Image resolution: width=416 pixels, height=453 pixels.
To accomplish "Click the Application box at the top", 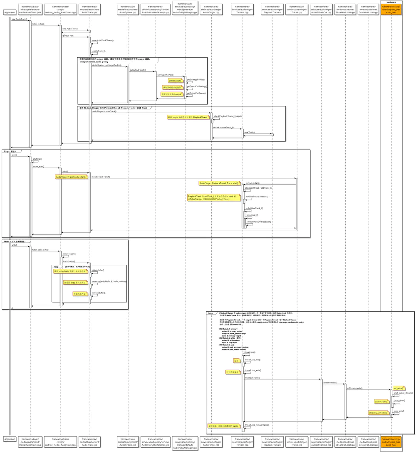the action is point(10,12).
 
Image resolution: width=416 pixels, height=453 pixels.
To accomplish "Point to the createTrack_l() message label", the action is point(99,51).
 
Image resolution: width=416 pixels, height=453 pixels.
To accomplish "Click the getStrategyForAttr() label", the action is point(196,79).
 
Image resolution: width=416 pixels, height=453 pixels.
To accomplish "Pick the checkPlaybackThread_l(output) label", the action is point(228,116).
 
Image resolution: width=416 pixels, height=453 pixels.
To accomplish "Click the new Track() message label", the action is point(250,132).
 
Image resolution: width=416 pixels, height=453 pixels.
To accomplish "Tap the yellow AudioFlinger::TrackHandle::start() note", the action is point(71,177).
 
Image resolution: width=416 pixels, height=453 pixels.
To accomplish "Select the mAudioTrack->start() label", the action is point(101,177).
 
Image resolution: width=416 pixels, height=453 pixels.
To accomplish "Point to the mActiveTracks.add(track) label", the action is point(257,196).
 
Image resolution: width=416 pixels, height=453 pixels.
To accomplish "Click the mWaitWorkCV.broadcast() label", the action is point(259,222).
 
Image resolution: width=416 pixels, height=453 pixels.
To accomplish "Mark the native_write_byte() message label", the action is point(40,250).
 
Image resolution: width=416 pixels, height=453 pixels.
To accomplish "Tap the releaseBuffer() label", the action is point(99,293).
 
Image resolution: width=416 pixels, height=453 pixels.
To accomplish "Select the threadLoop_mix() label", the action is point(253,359).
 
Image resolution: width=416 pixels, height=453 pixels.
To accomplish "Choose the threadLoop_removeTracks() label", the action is point(257,425).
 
